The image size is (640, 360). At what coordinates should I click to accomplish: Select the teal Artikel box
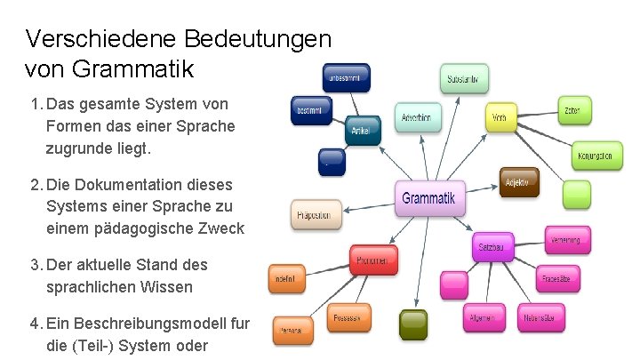(361, 130)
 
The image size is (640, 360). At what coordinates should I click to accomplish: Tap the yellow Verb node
(500, 116)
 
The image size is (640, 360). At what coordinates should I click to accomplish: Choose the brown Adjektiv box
(518, 182)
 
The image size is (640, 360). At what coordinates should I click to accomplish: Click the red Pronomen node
(372, 260)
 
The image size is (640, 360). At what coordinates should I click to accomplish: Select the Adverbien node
(417, 118)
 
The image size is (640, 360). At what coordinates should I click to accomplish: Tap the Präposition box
(316, 215)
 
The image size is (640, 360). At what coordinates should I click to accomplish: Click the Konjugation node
(593, 156)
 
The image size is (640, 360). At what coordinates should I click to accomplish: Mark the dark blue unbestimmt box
(348, 77)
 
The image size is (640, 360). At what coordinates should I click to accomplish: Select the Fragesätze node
(560, 279)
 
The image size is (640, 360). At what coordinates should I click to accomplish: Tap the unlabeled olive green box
(412, 324)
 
